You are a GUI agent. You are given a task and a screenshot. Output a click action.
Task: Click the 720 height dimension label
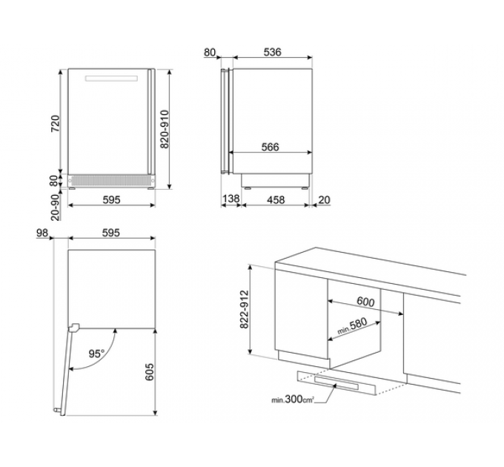[56, 123]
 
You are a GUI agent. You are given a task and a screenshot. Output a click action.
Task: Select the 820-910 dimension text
[165, 129]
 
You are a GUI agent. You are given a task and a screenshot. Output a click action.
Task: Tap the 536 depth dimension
[272, 52]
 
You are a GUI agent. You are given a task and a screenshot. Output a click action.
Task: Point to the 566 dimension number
[270, 148]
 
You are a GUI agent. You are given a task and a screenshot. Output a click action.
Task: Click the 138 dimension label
[231, 199]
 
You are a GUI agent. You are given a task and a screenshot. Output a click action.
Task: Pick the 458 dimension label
[276, 200]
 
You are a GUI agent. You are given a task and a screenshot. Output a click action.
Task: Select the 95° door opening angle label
[96, 354]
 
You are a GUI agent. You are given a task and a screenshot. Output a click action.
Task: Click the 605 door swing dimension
[150, 372]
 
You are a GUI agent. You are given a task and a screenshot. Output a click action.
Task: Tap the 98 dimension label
[42, 233]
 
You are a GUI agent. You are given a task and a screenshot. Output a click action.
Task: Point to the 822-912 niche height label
[245, 310]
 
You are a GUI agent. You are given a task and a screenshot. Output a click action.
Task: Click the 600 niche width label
[366, 302]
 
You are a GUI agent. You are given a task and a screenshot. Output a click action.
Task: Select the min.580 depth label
[352, 326]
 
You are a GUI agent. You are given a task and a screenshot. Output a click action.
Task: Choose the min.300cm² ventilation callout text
[293, 400]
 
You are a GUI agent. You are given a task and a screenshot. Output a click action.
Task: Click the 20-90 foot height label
[56, 208]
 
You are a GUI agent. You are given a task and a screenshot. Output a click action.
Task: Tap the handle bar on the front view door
[111, 79]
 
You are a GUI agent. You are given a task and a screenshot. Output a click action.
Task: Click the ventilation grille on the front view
[111, 181]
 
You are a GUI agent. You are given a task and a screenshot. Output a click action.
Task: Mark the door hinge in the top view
[73, 328]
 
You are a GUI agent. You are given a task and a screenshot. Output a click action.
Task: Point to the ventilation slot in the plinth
[336, 382]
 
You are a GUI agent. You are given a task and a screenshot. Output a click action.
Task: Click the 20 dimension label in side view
[324, 200]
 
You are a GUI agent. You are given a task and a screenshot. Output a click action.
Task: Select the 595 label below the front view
[111, 200]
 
